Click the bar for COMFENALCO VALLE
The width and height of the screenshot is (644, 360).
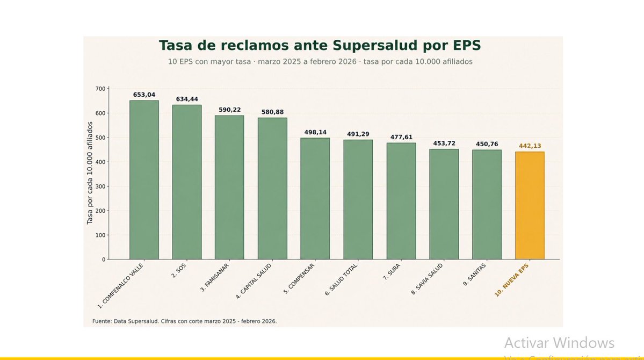point(144,180)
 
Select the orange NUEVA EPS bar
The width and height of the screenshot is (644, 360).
point(530,206)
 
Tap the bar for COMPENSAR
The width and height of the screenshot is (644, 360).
point(315,199)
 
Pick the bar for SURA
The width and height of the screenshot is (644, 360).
point(401,201)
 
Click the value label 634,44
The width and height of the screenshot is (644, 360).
point(187,99)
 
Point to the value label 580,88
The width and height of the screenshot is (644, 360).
point(272,112)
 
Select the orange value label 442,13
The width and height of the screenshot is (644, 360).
point(530,146)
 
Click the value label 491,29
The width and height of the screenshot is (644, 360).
point(358,134)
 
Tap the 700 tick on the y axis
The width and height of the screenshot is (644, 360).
point(100,89)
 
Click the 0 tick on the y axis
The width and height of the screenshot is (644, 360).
point(104,260)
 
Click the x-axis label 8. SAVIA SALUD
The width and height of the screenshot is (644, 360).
point(428,279)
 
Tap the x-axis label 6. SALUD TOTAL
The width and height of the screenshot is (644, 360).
point(342,279)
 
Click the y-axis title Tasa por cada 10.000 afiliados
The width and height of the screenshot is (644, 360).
point(90,172)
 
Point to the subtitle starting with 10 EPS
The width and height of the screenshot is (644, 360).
point(320,62)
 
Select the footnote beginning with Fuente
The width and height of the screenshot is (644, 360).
point(184,321)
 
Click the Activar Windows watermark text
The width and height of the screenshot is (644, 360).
point(559,343)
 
